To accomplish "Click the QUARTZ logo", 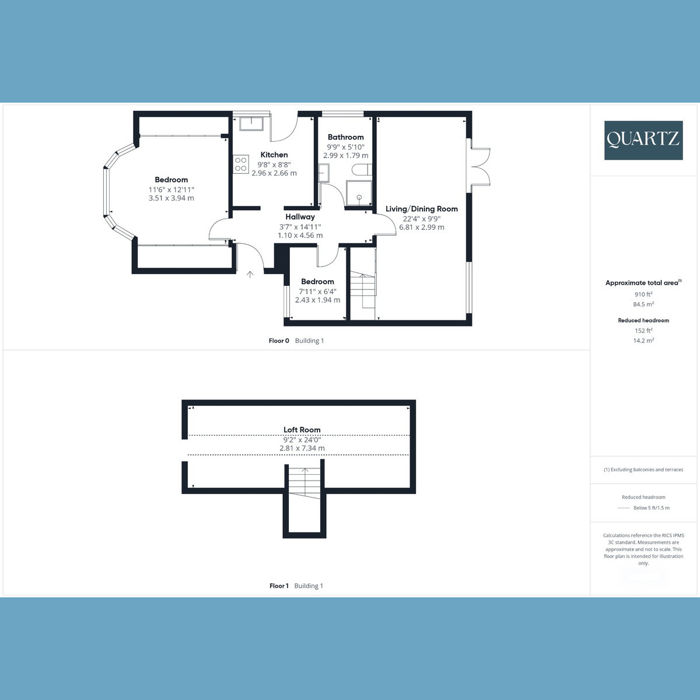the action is click(643, 140).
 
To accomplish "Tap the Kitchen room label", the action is click(274, 155).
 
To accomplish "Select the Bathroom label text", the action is click(345, 137).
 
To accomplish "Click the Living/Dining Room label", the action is click(421, 209).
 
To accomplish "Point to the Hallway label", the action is click(300, 217).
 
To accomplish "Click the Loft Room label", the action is click(302, 430).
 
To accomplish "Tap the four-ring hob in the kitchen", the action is click(241, 164).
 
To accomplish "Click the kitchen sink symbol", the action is click(251, 124).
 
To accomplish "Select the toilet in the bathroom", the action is click(362, 170).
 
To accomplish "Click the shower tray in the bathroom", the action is click(359, 193).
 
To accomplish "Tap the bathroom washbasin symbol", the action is click(323, 173).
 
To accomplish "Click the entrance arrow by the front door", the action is click(250, 274).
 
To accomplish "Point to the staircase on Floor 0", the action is click(362, 290).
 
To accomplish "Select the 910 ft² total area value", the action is click(643, 294).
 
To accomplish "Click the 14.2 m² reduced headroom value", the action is click(643, 340).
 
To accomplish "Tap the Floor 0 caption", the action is click(279, 341).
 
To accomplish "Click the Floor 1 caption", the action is click(279, 586).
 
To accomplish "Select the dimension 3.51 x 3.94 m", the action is click(171, 198).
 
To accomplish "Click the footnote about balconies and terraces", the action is click(643, 470).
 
